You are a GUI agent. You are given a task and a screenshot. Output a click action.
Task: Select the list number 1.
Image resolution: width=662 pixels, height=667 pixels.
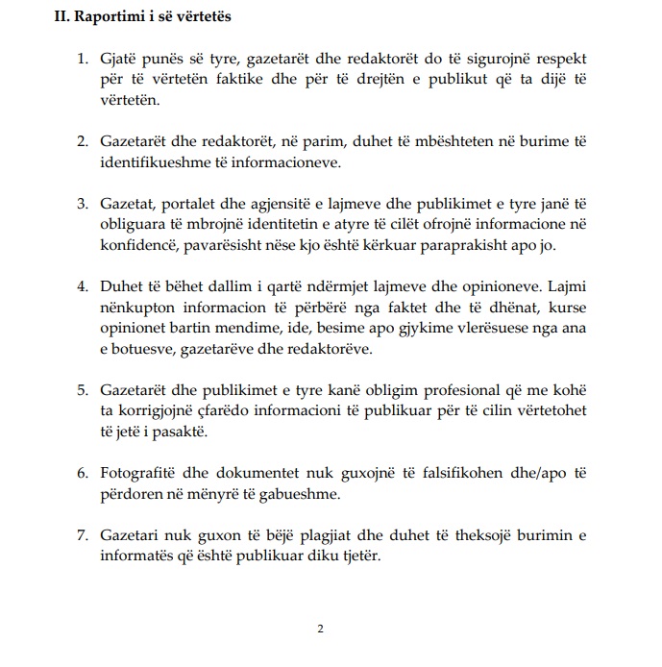[82, 60]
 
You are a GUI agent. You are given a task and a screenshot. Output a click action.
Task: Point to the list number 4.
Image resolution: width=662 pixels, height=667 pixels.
[82, 286]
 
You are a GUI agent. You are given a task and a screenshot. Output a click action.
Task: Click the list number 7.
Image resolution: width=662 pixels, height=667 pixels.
[82, 533]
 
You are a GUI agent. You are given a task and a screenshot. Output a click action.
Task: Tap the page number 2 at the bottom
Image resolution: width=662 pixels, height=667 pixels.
[321, 629]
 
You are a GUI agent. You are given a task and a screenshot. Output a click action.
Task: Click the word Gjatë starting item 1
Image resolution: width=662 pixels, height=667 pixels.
[119, 60]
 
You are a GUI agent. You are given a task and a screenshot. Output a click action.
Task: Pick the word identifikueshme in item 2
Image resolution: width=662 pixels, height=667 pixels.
[156, 161]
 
